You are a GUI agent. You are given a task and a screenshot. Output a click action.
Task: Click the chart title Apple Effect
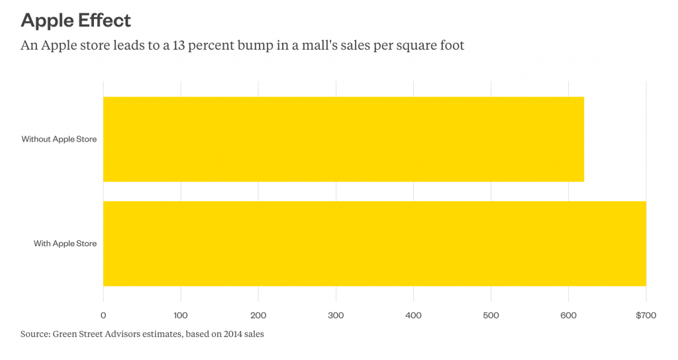[76, 20]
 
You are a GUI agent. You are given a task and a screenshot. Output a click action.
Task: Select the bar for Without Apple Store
[343, 139]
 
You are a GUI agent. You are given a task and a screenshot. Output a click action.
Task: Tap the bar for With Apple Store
[374, 244]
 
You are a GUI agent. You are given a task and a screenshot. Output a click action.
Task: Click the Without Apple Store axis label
[59, 139]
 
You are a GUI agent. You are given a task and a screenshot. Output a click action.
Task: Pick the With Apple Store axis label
[65, 244]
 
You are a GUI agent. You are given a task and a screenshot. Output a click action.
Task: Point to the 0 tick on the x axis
[103, 316]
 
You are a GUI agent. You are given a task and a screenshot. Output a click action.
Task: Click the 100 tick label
[181, 316]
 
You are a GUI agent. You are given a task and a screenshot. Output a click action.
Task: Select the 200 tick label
[258, 316]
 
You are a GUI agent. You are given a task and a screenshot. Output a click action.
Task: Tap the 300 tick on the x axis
[336, 316]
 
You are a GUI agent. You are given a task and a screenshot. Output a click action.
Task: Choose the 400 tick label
[413, 316]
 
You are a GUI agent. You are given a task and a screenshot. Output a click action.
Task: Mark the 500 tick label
[491, 316]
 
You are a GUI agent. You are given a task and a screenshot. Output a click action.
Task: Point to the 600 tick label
[568, 316]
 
